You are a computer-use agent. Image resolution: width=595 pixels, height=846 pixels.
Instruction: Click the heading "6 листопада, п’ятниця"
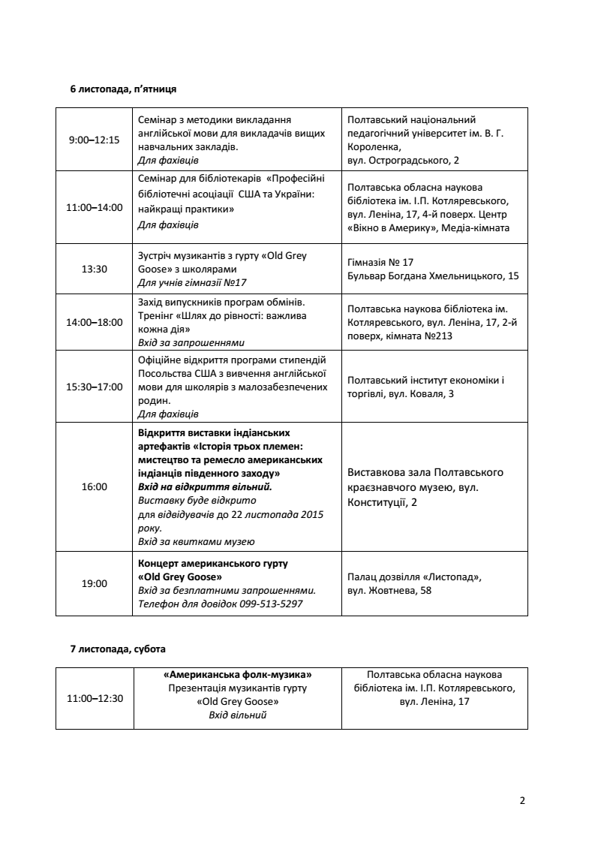point(123,89)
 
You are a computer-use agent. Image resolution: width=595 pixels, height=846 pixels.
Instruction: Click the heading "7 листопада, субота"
point(117,648)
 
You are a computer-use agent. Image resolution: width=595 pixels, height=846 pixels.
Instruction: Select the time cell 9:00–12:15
point(94,140)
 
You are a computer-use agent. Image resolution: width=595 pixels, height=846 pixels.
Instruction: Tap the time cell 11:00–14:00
point(94,207)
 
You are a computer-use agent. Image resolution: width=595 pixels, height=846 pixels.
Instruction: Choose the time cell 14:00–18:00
point(94,322)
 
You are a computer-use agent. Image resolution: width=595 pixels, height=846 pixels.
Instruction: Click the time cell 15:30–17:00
point(94,387)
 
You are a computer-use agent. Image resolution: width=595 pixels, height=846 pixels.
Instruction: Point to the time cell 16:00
point(94,486)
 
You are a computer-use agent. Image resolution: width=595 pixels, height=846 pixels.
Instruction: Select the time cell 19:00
point(94,583)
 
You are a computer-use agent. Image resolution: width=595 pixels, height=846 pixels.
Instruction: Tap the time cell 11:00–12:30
point(94,697)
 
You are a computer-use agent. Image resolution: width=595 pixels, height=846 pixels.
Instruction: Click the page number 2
point(521,800)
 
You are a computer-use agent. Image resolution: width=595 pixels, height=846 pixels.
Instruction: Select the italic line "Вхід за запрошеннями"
point(192,342)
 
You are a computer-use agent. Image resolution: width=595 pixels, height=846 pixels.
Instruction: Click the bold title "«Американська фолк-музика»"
point(237,674)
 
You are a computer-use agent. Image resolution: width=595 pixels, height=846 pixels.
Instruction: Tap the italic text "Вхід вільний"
point(237,715)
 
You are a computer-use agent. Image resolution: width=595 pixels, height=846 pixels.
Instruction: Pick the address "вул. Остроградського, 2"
point(404,161)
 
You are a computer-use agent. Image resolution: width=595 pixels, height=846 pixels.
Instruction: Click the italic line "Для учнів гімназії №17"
point(193,282)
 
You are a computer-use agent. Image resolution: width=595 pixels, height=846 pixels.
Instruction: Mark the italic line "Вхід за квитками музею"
point(197,541)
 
